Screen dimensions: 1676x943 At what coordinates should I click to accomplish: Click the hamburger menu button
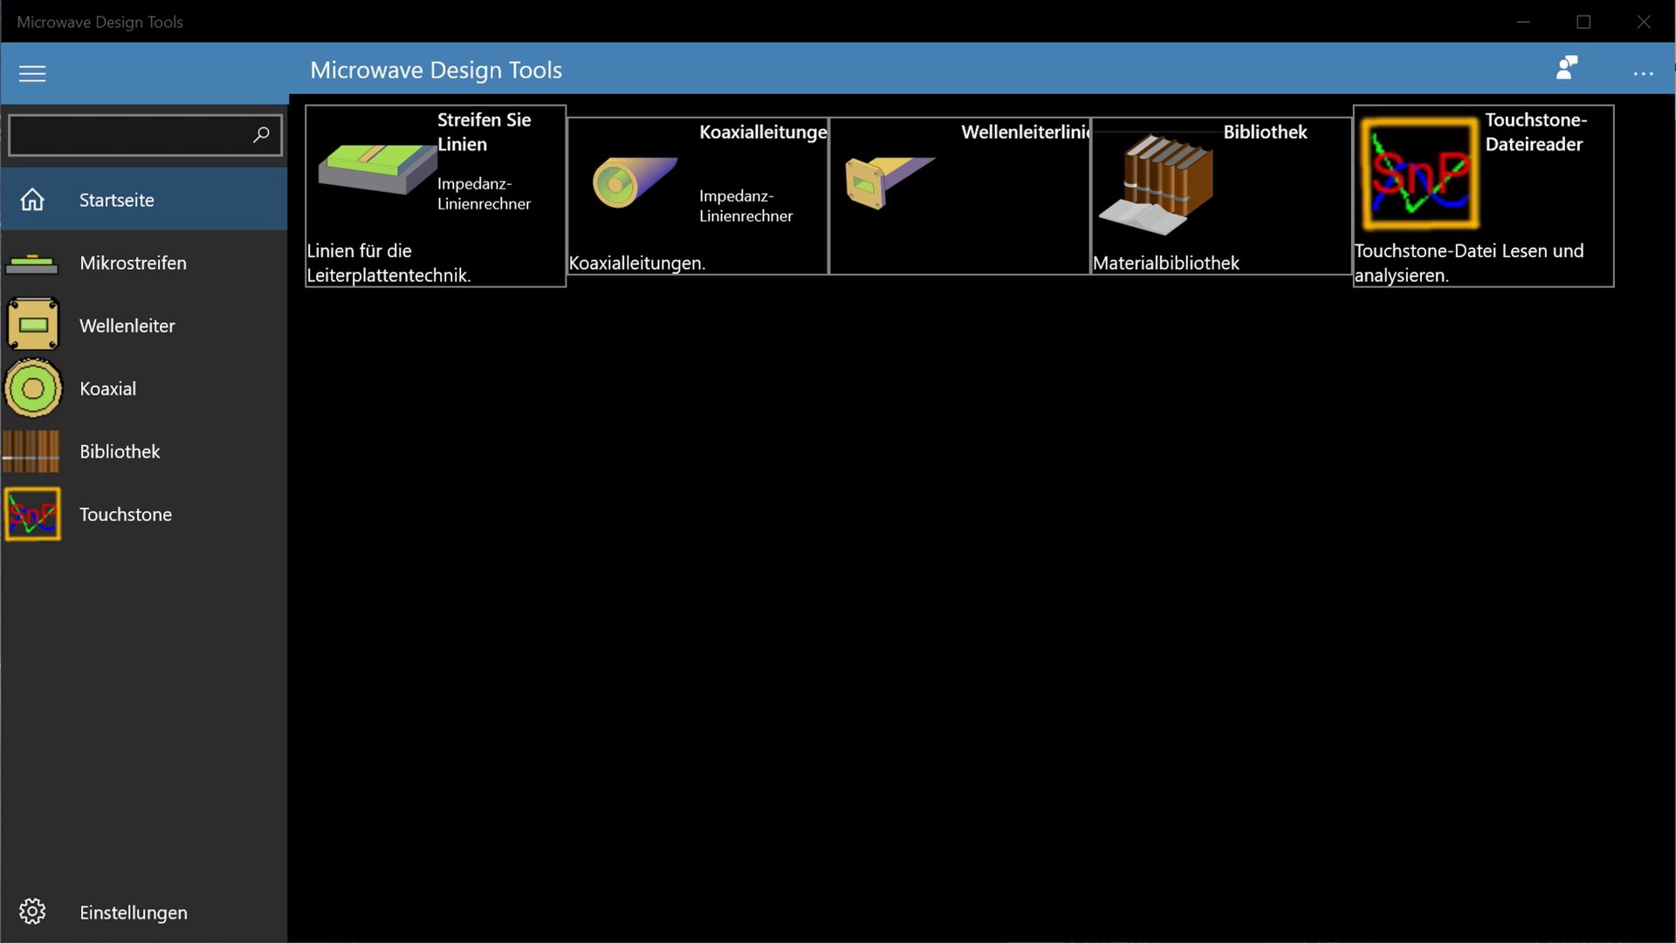pos(32,73)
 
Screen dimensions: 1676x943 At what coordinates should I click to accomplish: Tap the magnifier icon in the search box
pos(261,134)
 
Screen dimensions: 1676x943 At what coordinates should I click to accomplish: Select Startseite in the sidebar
pos(116,200)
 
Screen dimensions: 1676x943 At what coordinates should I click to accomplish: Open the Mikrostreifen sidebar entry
pos(133,263)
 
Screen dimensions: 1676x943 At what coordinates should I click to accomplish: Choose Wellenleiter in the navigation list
pos(127,326)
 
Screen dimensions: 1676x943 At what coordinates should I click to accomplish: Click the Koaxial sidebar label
pos(107,389)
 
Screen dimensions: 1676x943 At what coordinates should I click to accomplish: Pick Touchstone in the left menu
pos(126,514)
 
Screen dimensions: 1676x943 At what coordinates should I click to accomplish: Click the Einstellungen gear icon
pos(32,912)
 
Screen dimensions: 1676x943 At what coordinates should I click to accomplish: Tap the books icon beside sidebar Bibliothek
pos(31,451)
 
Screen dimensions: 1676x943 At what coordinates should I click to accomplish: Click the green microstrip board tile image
pos(377,169)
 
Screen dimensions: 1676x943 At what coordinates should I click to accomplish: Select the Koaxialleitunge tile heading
pos(763,132)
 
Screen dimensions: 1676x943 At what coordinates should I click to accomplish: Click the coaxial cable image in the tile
pos(635,182)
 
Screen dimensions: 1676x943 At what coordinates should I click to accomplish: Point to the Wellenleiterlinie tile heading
pos(1026,132)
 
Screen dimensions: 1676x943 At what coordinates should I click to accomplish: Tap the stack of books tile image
pos(1156,185)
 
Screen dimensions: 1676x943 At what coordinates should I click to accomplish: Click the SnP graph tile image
pos(1420,174)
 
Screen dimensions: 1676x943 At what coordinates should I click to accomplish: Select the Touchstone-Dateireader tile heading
pos(1535,132)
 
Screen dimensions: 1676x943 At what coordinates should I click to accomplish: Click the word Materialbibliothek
pos(1165,263)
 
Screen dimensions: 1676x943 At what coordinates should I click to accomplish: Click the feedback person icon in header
pos(1567,67)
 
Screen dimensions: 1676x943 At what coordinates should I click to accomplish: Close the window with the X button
pos(1644,22)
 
